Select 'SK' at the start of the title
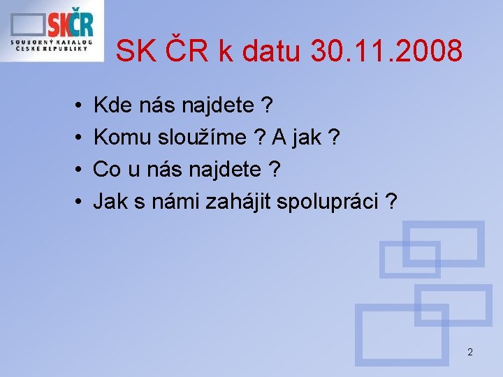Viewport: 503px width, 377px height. [134, 51]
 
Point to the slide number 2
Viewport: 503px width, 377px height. [470, 352]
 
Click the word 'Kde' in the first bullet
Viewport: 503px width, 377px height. [108, 106]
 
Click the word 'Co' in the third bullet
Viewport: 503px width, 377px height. [106, 170]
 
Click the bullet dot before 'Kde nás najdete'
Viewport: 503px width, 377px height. [75, 107]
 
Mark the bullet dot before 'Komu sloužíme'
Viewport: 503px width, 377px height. [75, 139]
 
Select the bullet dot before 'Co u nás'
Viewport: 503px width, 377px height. [75, 170]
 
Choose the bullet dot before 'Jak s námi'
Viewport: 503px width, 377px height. [75, 202]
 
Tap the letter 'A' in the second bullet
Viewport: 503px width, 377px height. [279, 138]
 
